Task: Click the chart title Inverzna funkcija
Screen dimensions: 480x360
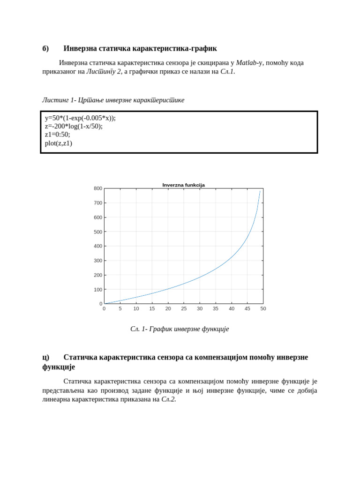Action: click(x=183, y=185)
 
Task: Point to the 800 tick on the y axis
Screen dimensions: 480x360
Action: click(x=98, y=188)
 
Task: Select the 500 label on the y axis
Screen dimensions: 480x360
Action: click(x=98, y=232)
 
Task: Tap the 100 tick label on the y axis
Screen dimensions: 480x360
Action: click(x=98, y=290)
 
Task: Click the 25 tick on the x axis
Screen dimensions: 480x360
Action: click(x=184, y=308)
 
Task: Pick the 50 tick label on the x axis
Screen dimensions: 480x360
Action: click(x=263, y=308)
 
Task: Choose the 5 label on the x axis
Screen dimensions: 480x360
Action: click(x=120, y=308)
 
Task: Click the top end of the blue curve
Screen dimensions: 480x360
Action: click(x=260, y=191)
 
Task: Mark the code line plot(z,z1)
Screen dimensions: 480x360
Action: click(x=59, y=143)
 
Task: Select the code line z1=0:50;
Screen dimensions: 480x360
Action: click(x=57, y=135)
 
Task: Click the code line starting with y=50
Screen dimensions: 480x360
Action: click(x=80, y=118)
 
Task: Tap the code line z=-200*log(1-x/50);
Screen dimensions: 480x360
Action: click(x=74, y=126)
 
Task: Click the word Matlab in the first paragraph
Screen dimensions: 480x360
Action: click(x=246, y=63)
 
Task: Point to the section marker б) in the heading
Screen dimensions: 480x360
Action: click(x=45, y=49)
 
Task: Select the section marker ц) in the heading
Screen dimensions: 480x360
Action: click(x=45, y=357)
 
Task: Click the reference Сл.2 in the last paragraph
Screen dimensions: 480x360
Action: click(x=168, y=399)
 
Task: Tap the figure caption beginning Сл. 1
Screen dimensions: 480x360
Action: click(x=180, y=329)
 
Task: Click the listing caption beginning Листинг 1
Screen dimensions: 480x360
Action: click(x=113, y=100)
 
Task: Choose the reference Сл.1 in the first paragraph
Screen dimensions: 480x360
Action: click(x=227, y=72)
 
